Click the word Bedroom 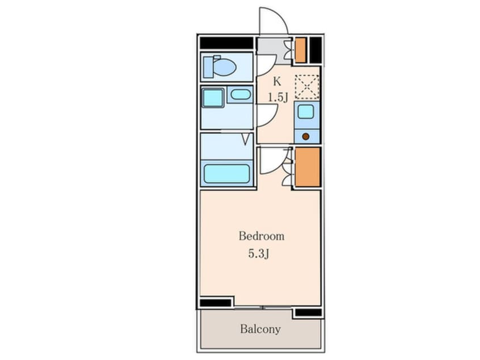(262, 236)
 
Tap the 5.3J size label (259, 254)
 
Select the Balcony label (260, 329)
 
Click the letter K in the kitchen (277, 82)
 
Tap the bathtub (227, 174)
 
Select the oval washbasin (241, 94)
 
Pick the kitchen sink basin (305, 111)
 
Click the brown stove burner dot (305, 137)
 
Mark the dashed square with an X (307, 87)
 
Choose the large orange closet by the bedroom (308, 167)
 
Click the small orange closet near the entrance (300, 50)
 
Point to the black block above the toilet (226, 43)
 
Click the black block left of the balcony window (216, 303)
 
